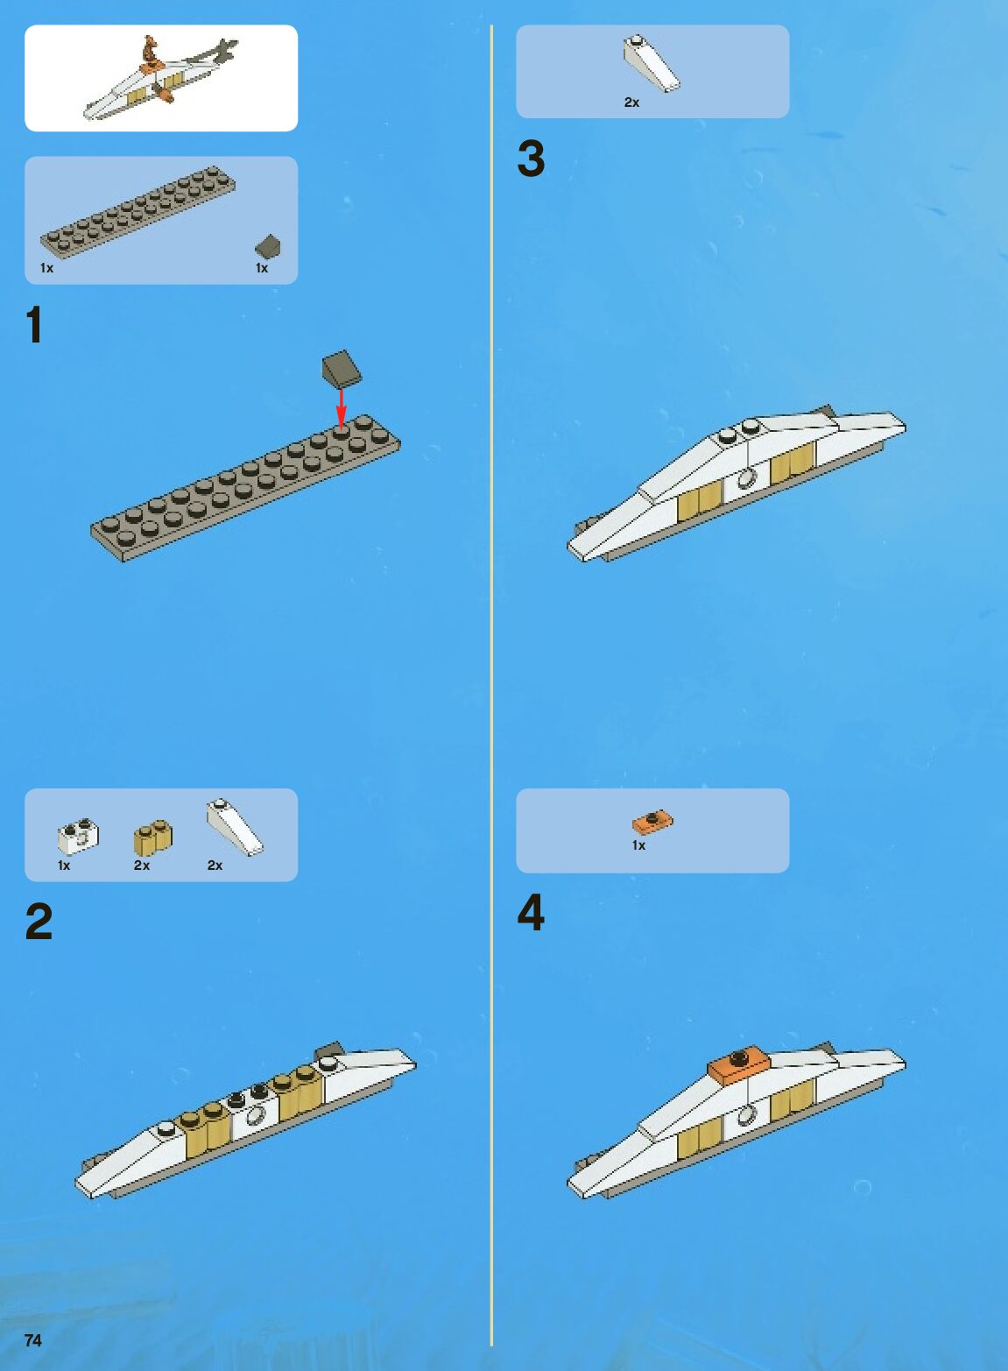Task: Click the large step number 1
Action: (34, 325)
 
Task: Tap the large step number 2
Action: (39, 921)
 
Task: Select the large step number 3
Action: (531, 159)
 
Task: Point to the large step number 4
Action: (531, 913)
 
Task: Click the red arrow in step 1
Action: (342, 409)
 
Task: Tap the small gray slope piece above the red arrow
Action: (342, 369)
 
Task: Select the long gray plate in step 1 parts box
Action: (137, 212)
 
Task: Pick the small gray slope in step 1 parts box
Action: (267, 247)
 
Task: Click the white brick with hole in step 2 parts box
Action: (78, 837)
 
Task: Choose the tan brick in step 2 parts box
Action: (153, 837)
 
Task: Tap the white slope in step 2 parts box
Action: (235, 827)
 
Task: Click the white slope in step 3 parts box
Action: (652, 63)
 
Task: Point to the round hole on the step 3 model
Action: (745, 478)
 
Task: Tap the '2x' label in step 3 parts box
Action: (631, 102)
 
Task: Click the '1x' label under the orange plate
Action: (639, 845)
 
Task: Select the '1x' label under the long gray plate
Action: (46, 268)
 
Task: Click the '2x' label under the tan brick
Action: (142, 866)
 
